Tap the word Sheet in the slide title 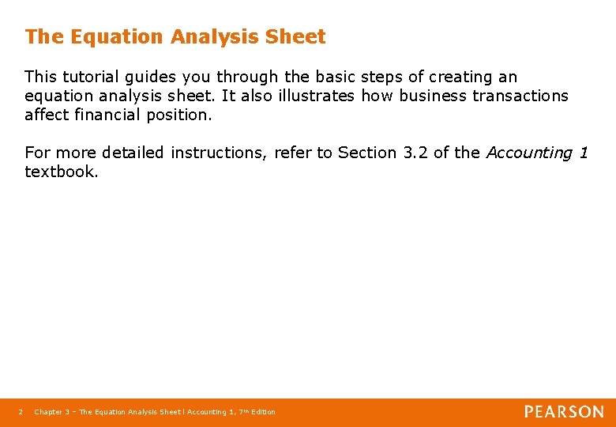click(x=296, y=36)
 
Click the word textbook click(x=62, y=172)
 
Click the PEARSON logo click(x=564, y=411)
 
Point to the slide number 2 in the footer click(x=20, y=412)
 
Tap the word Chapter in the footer click(x=48, y=412)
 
